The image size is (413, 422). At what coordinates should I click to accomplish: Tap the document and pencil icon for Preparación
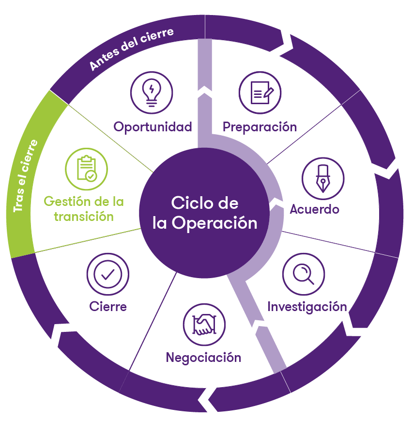coord(260,92)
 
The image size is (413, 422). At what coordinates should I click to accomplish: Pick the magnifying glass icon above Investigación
coord(303,275)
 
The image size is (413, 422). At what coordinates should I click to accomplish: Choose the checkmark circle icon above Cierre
coord(107,274)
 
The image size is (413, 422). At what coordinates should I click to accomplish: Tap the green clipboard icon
coord(86,168)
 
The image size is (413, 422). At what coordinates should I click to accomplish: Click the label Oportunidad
coord(153,127)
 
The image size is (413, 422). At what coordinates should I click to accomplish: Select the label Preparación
coord(260,127)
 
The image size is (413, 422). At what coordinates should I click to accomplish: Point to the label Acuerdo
coord(314,209)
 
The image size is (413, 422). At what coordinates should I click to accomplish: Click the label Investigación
coord(307,307)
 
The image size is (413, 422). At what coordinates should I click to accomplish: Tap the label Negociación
coord(203,358)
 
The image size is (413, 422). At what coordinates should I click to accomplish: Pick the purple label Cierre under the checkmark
coord(108,307)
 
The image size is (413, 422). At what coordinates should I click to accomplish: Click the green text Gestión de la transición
coord(84,208)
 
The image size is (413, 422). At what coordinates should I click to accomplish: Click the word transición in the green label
coord(84,216)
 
